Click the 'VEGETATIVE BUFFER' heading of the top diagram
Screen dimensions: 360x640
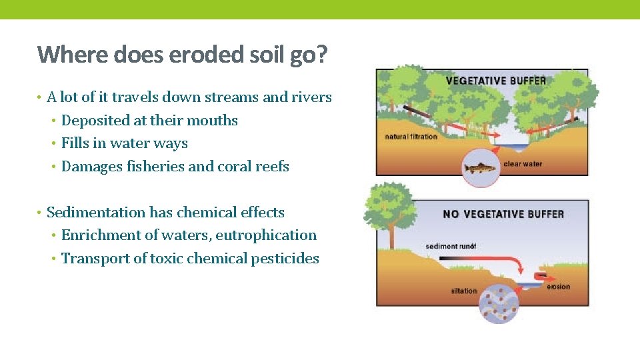point(495,81)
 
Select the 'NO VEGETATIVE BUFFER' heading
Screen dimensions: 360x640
point(503,214)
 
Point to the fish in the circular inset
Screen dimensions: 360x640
point(481,168)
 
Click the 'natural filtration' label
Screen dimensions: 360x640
point(411,137)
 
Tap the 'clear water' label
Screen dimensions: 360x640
point(523,163)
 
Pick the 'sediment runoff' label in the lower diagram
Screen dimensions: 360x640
point(451,247)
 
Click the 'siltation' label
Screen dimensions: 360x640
point(464,291)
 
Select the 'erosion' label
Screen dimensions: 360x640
point(558,287)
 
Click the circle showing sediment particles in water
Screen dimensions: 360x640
point(501,303)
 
